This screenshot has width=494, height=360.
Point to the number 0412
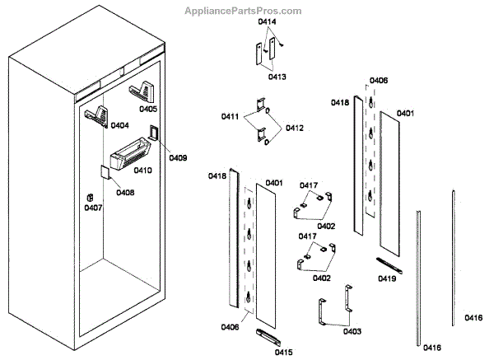click(295, 128)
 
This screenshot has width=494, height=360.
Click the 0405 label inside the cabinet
click(148, 109)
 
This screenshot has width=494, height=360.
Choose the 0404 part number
click(119, 126)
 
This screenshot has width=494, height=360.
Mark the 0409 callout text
click(178, 157)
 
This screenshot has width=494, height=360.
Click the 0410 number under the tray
click(142, 171)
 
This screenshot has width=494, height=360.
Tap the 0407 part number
click(93, 208)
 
